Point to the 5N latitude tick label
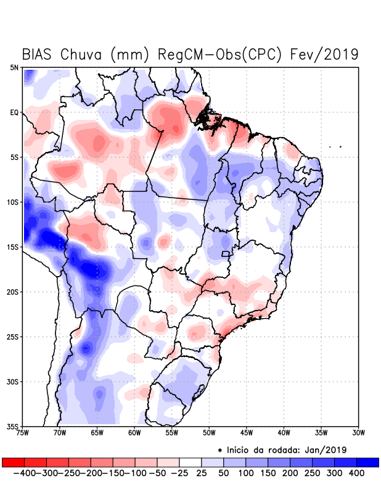point(14,67)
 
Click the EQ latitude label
point(14,112)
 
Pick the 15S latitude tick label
point(13,247)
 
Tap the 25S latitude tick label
point(13,337)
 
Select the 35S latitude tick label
point(13,426)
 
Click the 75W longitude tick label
point(23,433)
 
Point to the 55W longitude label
point(172,433)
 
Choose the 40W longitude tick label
point(284,433)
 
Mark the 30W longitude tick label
point(359,433)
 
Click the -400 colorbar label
point(23,472)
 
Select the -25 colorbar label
point(179,472)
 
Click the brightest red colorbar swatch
point(13,462)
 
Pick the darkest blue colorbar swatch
point(368,462)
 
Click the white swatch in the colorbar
point(190,462)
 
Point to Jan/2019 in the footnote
point(325,449)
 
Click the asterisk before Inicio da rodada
point(220,450)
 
